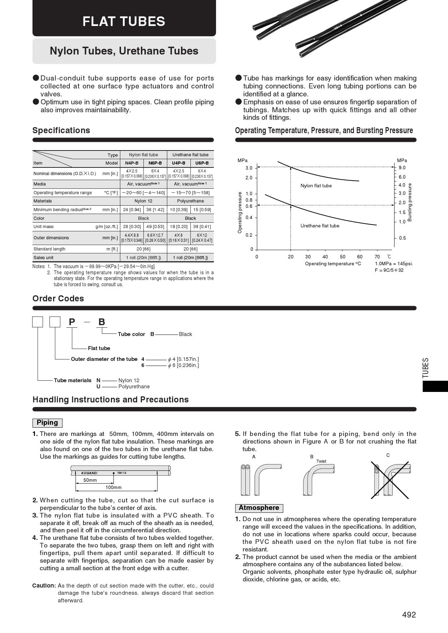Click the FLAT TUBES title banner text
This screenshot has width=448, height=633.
(x=124, y=21)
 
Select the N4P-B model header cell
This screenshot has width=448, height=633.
(x=132, y=163)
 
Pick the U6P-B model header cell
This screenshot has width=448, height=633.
(x=202, y=163)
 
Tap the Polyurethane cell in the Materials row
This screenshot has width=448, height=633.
(x=190, y=201)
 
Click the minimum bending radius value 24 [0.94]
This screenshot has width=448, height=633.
(x=132, y=210)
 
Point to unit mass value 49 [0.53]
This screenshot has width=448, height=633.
(x=155, y=227)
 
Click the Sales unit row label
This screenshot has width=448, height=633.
(x=43, y=258)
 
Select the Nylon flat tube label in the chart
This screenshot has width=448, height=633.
(x=316, y=186)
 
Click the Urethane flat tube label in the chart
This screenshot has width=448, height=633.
(x=320, y=226)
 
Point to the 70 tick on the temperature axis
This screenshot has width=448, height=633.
(x=377, y=257)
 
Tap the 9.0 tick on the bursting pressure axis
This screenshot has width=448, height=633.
(x=402, y=168)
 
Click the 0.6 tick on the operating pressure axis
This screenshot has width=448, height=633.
(x=249, y=206)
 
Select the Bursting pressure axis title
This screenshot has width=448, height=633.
(x=410, y=202)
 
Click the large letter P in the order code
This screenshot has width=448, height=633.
(x=72, y=322)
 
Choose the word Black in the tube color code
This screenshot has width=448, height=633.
(x=185, y=334)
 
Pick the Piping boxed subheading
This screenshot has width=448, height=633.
(x=47, y=423)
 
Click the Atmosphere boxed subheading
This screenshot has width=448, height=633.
(x=259, y=508)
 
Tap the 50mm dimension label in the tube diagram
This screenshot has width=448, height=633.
(x=90, y=480)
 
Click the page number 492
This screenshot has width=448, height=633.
(x=409, y=615)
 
